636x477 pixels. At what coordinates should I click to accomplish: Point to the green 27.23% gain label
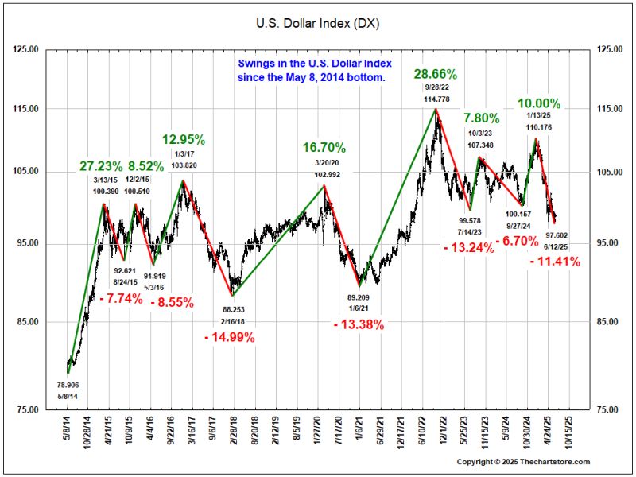101,167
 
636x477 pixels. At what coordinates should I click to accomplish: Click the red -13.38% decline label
359,324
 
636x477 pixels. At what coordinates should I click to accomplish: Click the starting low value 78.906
68,385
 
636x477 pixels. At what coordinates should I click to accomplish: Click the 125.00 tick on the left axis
26,49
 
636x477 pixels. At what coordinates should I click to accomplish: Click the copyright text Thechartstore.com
523,462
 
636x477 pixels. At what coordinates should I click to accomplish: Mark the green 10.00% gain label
539,104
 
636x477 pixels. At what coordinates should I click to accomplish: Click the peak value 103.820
184,165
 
